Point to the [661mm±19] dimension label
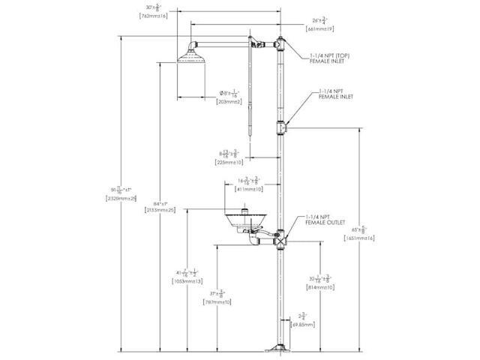[x=321, y=28]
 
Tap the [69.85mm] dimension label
[x=300, y=325]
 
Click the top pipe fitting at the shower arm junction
[x=280, y=46]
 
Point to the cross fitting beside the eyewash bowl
[x=280, y=240]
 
